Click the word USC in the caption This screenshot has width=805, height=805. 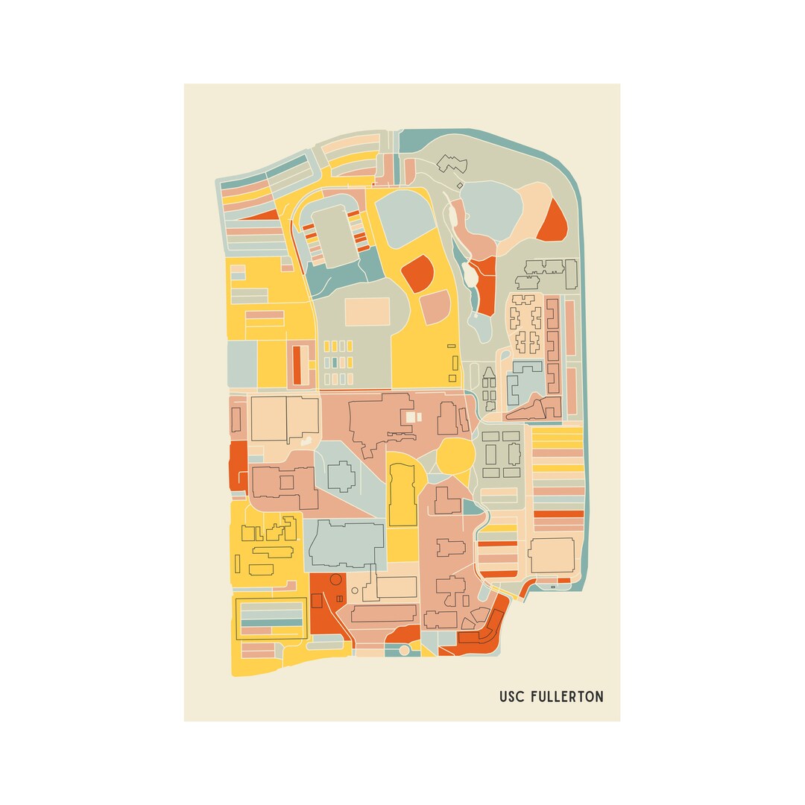coord(511,697)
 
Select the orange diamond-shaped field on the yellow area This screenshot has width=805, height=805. coord(417,273)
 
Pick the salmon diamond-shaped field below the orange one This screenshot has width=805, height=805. coord(435,307)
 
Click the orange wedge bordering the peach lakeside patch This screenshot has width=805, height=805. coord(552,221)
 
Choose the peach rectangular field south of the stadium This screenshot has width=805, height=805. coord(367,312)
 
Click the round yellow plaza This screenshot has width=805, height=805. coord(455,455)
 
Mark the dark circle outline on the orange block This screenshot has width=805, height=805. coord(335,579)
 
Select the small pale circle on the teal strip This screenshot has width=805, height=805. coord(404,650)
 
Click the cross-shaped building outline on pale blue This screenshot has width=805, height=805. coord(341,476)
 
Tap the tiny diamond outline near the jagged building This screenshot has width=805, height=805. coord(460,185)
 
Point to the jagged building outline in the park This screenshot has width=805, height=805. coord(450,163)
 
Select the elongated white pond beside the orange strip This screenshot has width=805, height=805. coord(470,274)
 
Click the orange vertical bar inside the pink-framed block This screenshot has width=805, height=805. coord(297,364)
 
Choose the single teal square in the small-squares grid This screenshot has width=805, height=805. coord(335,362)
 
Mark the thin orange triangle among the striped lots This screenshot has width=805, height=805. coord(260,215)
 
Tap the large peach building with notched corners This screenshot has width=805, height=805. coord(552,555)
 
